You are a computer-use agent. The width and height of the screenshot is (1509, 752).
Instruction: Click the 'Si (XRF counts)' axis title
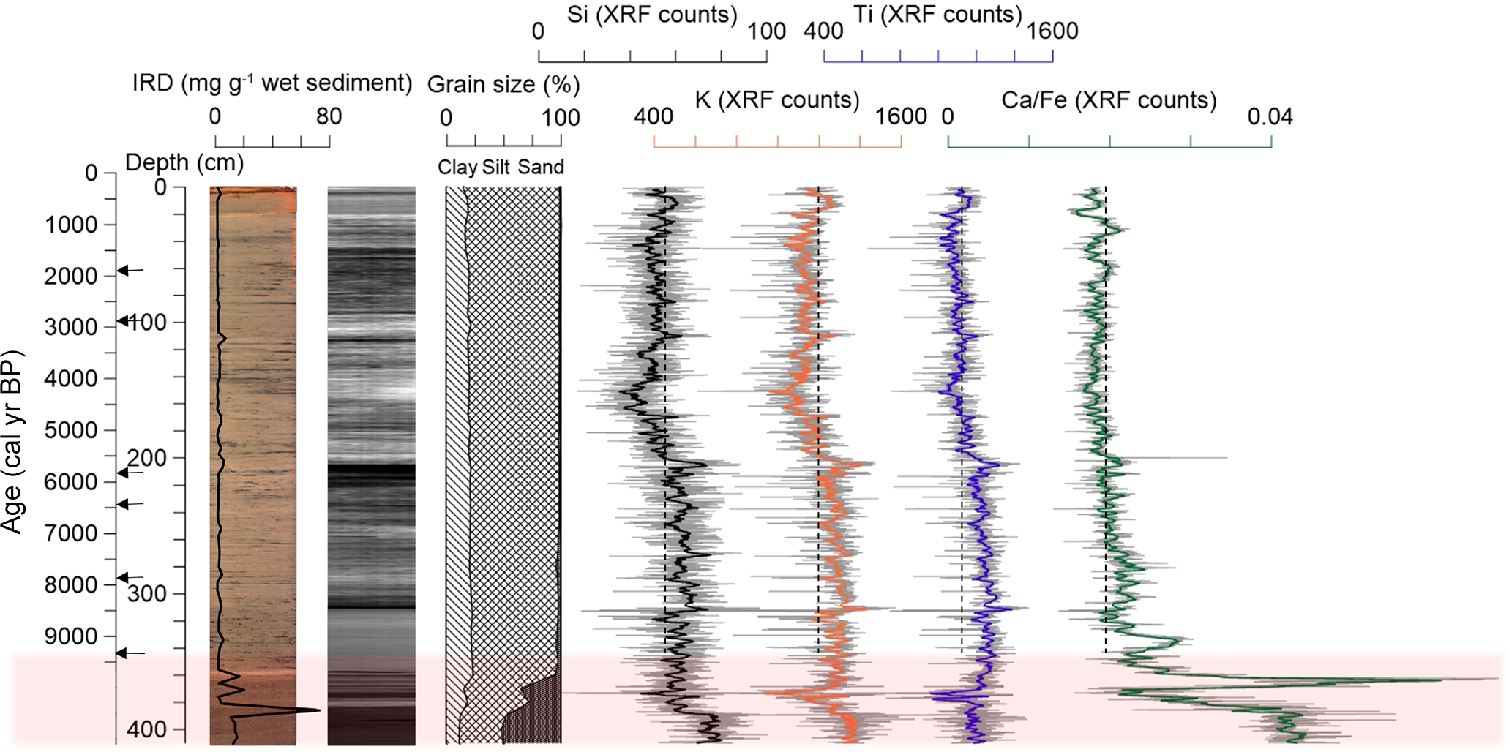652,15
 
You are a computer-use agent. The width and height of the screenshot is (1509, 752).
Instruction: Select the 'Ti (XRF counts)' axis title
937,14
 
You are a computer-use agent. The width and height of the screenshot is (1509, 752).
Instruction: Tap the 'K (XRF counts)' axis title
776,99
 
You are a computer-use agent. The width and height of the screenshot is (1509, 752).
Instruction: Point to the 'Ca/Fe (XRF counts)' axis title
1109,99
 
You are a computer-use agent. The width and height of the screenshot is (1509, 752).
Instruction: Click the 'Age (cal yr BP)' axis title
12,442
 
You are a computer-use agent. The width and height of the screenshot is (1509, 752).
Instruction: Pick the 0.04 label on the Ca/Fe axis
1270,116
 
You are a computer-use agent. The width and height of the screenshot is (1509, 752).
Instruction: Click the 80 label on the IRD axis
329,116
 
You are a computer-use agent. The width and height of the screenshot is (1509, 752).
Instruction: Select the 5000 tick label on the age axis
71,430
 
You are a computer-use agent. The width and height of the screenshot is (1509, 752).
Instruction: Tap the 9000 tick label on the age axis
71,636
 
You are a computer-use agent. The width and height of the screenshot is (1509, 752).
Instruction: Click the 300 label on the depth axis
146,593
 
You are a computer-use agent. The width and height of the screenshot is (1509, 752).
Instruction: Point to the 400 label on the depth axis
146,729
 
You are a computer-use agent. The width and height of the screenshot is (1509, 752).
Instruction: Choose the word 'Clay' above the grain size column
457,168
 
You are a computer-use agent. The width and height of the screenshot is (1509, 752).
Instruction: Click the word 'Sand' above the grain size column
541,168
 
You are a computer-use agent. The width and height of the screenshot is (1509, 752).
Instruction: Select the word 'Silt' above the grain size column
496,168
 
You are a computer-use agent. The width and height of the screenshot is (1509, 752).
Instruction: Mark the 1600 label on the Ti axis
1052,31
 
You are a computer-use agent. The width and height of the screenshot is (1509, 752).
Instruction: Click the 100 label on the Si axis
766,31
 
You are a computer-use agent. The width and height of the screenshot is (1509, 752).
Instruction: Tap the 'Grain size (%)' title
503,85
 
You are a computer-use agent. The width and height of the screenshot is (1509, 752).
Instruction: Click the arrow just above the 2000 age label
130,271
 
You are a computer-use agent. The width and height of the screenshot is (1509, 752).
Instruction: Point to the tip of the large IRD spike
319,710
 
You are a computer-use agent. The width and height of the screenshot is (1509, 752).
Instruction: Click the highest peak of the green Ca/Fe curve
1440,680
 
